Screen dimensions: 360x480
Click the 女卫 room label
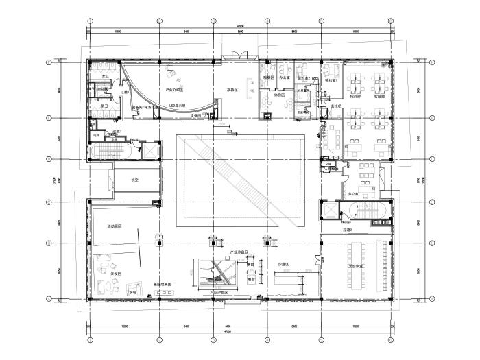coord(105,67)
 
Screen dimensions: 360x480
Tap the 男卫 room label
coord(105,106)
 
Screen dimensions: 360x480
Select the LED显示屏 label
coord(179,106)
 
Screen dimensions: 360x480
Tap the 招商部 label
coord(356,96)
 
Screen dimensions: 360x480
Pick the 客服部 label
coord(377,96)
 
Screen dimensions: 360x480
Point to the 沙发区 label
coord(115,274)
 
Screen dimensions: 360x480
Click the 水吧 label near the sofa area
coord(132,292)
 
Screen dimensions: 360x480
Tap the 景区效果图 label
coord(162,283)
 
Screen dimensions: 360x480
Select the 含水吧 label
coord(335,107)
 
